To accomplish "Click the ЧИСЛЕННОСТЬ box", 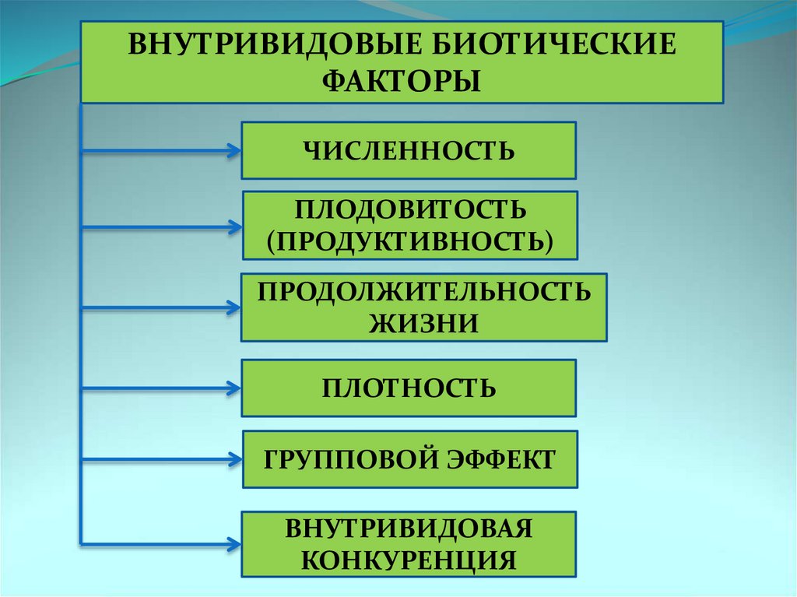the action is click(x=409, y=150).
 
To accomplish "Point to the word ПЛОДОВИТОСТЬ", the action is click(x=410, y=210).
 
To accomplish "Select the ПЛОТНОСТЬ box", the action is click(x=409, y=388).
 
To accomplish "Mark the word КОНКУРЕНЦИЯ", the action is click(x=409, y=559).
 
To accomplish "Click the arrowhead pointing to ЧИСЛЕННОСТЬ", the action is click(x=233, y=150).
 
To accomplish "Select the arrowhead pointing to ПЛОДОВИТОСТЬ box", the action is click(x=233, y=227).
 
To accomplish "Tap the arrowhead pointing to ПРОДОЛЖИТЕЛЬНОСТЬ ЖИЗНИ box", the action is click(x=233, y=307).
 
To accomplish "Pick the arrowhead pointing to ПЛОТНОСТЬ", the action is click(x=233, y=387).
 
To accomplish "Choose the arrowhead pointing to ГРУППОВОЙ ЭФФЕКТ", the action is click(x=233, y=459).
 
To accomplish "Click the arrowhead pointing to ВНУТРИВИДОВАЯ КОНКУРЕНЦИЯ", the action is click(x=233, y=542).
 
